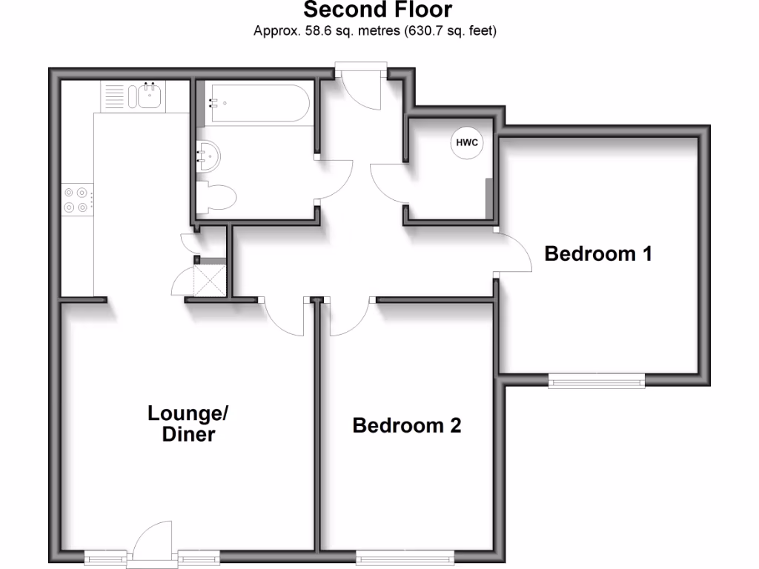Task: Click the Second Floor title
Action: tap(377, 10)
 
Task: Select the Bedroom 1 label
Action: tap(598, 253)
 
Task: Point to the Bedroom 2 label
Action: tap(406, 425)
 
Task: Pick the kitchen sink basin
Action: tap(148, 96)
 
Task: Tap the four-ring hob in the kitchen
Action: tap(77, 199)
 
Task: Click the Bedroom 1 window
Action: tap(597, 380)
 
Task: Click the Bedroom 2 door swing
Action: tap(348, 314)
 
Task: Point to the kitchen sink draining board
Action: tap(113, 96)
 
